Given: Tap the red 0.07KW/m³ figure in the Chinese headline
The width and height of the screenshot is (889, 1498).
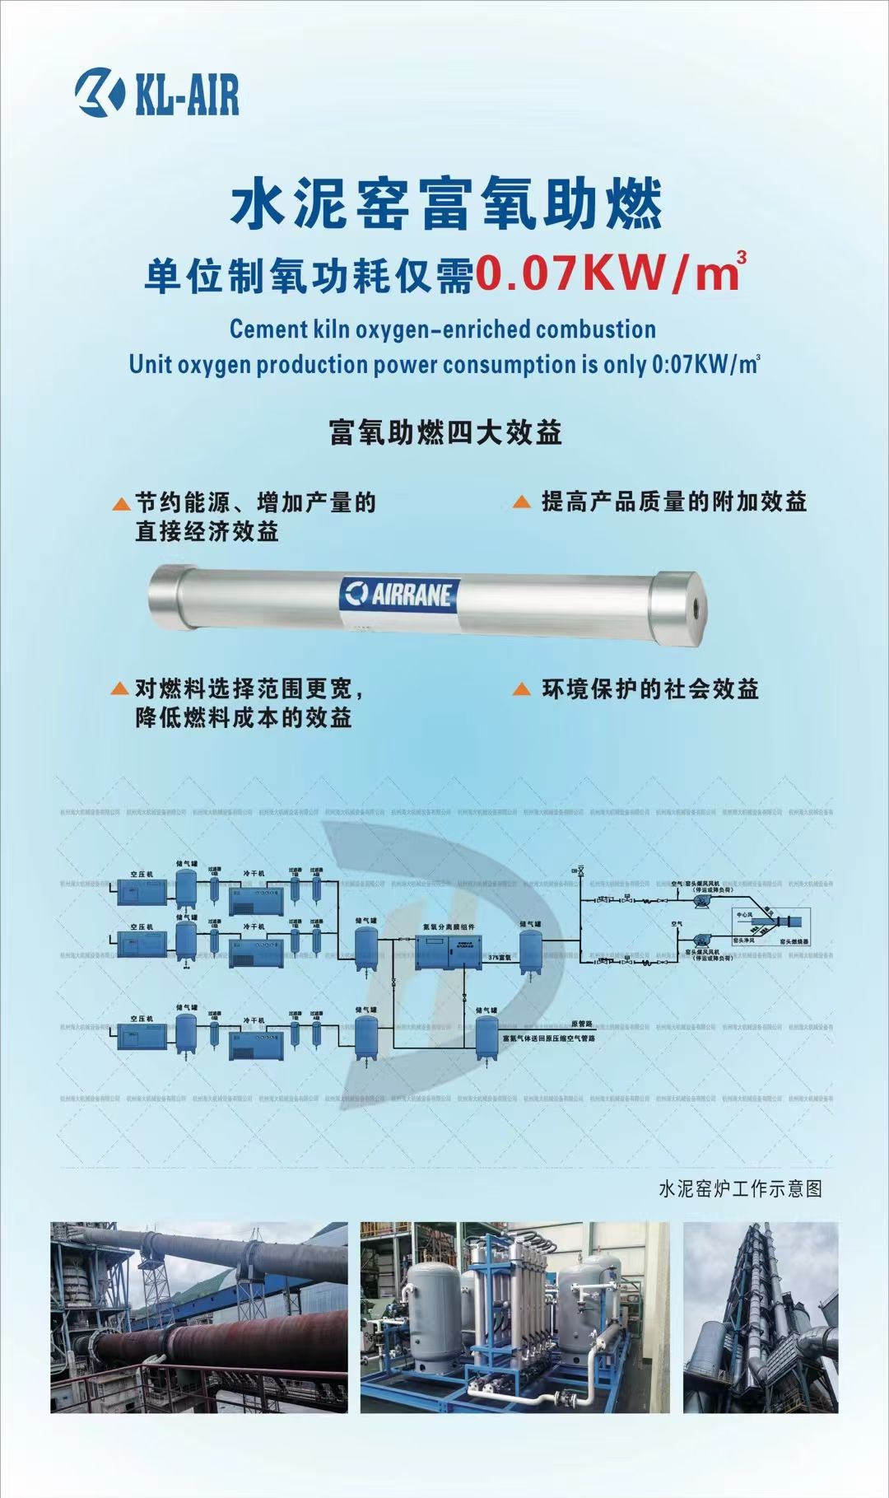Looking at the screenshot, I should click(610, 274).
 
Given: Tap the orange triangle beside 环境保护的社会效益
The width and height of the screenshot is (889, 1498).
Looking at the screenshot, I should click(521, 689).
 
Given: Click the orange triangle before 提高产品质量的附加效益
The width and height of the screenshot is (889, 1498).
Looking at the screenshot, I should click(521, 502).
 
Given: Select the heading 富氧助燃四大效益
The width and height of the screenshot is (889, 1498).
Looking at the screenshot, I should click(444, 432).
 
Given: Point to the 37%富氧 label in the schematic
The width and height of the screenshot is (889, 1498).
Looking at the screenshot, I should click(500, 958).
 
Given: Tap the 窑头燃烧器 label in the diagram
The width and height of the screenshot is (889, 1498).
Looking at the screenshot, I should click(794, 940).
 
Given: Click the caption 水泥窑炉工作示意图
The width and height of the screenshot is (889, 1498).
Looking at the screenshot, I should click(740, 1188).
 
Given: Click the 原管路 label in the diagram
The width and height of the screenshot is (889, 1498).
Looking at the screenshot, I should click(582, 1024).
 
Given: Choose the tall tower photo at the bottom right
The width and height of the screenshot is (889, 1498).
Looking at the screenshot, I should click(761, 1317).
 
